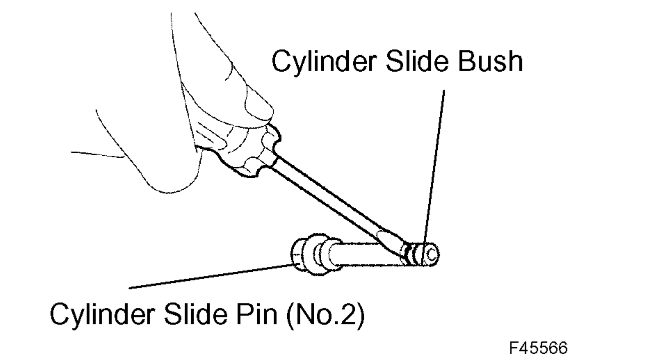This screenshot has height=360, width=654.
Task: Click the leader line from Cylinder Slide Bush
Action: point(434,165)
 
